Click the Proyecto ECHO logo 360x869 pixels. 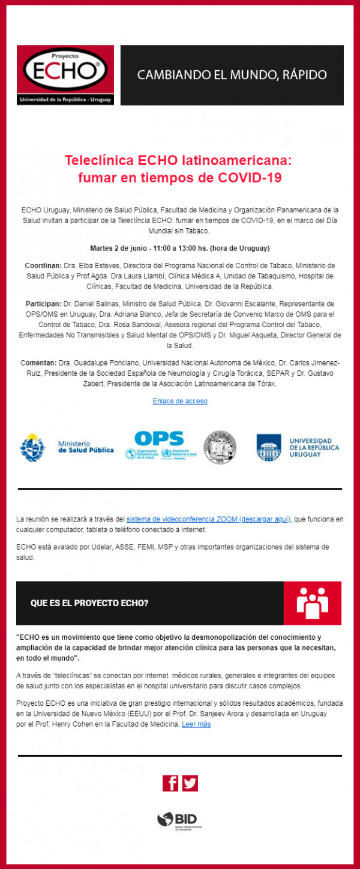click(x=65, y=75)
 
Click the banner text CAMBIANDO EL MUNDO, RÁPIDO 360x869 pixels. click(x=232, y=75)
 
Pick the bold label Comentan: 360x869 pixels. click(x=40, y=362)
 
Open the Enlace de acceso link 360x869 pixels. click(x=180, y=401)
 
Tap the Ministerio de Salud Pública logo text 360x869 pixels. click(x=86, y=447)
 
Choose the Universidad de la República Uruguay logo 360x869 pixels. click(x=297, y=447)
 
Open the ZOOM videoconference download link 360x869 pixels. click(x=208, y=519)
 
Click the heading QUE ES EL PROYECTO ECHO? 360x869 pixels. click(x=90, y=603)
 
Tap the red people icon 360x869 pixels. click(x=313, y=603)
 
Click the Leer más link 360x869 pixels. click(x=196, y=724)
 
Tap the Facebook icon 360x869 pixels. click(x=170, y=783)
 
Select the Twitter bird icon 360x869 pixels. click(x=190, y=783)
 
